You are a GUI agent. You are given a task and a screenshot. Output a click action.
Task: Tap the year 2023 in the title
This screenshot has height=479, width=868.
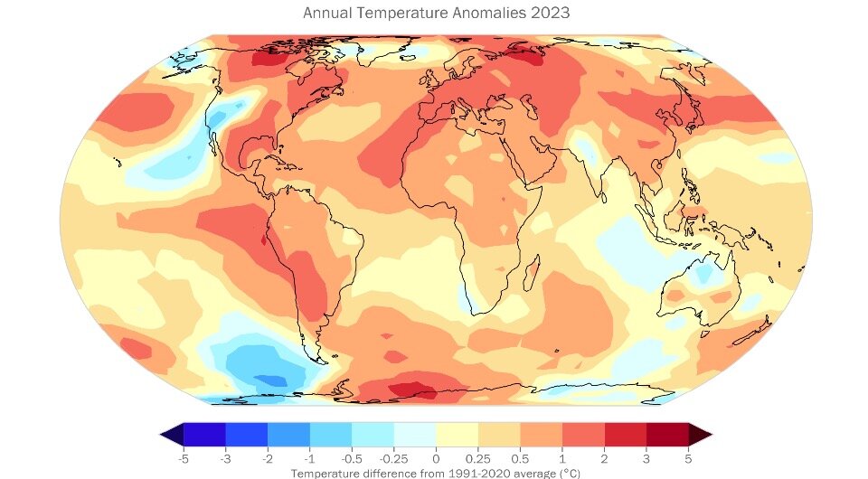coord(550,14)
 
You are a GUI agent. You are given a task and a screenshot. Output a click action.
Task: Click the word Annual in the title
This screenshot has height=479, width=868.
coord(326,14)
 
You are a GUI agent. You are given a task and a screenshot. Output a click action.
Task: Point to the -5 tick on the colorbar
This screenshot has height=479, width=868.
coord(184,459)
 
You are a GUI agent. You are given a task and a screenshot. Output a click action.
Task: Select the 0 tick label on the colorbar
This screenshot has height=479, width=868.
coord(436,459)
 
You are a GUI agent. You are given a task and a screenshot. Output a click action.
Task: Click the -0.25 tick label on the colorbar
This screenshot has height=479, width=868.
coord(393,459)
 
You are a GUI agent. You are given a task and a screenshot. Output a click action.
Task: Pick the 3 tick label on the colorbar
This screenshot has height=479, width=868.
coord(646,459)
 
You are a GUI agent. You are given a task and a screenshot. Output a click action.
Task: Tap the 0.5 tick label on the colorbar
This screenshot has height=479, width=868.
coord(520,459)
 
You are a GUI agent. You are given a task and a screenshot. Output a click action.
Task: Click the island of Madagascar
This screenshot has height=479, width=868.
coord(532,270)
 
